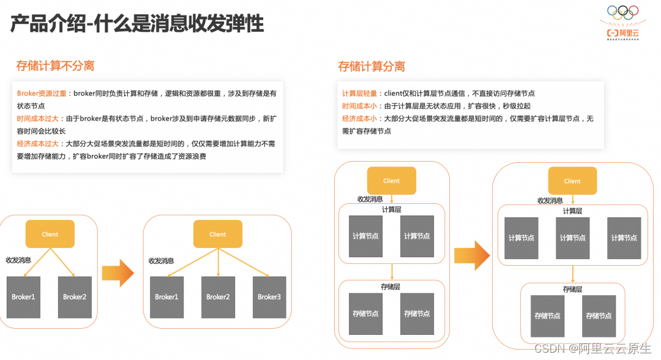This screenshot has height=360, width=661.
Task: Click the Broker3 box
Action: coord(269,297)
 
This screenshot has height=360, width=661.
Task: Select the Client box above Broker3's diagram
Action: coord(218,234)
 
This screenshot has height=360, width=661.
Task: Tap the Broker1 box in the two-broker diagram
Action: coord(23,297)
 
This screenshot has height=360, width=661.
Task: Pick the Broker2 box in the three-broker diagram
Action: coord(218,297)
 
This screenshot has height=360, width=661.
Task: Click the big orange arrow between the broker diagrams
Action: coord(118,273)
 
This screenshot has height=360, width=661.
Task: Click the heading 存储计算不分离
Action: coord(55,66)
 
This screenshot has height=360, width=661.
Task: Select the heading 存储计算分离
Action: coord(372,66)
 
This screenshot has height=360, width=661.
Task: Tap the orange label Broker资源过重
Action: coord(43,94)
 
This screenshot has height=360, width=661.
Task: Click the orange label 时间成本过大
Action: coord(38,119)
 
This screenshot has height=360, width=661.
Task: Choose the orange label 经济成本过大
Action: coord(38,144)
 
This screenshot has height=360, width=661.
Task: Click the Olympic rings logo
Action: coord(622,12)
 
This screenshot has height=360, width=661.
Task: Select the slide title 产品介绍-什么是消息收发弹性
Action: coord(137,24)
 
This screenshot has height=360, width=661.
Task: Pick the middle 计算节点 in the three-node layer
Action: coord(572,238)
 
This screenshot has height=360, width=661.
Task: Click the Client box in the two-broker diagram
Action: coord(50,234)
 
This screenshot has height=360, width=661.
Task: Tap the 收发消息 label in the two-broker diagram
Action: coord(18,260)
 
